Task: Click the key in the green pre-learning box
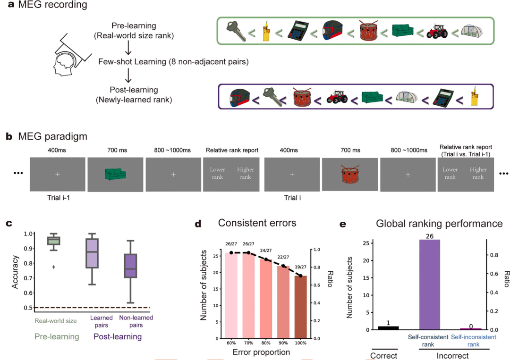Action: [236, 31]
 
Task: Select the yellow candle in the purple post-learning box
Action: [476, 96]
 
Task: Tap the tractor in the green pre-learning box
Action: [437, 31]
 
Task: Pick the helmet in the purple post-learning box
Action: [240, 97]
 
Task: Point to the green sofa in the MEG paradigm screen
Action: [116, 174]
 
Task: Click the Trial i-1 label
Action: [59, 198]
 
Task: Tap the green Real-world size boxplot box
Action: [54, 241]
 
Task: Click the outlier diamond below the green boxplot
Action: [54, 267]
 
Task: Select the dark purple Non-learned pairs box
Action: [130, 266]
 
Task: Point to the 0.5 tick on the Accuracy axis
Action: [29, 308]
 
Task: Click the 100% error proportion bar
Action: [300, 307]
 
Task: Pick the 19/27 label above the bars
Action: [300, 267]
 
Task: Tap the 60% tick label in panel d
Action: [231, 343]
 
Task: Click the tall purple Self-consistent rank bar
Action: [429, 285]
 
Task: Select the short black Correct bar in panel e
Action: [388, 328]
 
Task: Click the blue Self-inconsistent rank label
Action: [474, 341]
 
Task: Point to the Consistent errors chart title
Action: [257, 223]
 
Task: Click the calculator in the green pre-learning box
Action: [298, 31]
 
